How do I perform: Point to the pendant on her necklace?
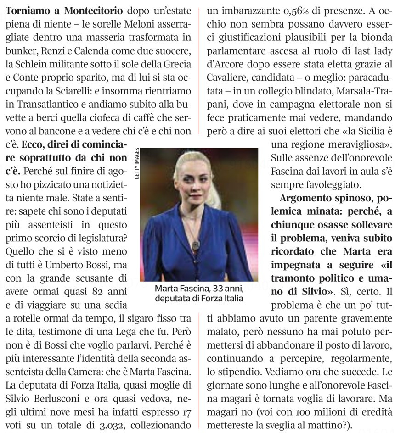(x=196, y=244)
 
